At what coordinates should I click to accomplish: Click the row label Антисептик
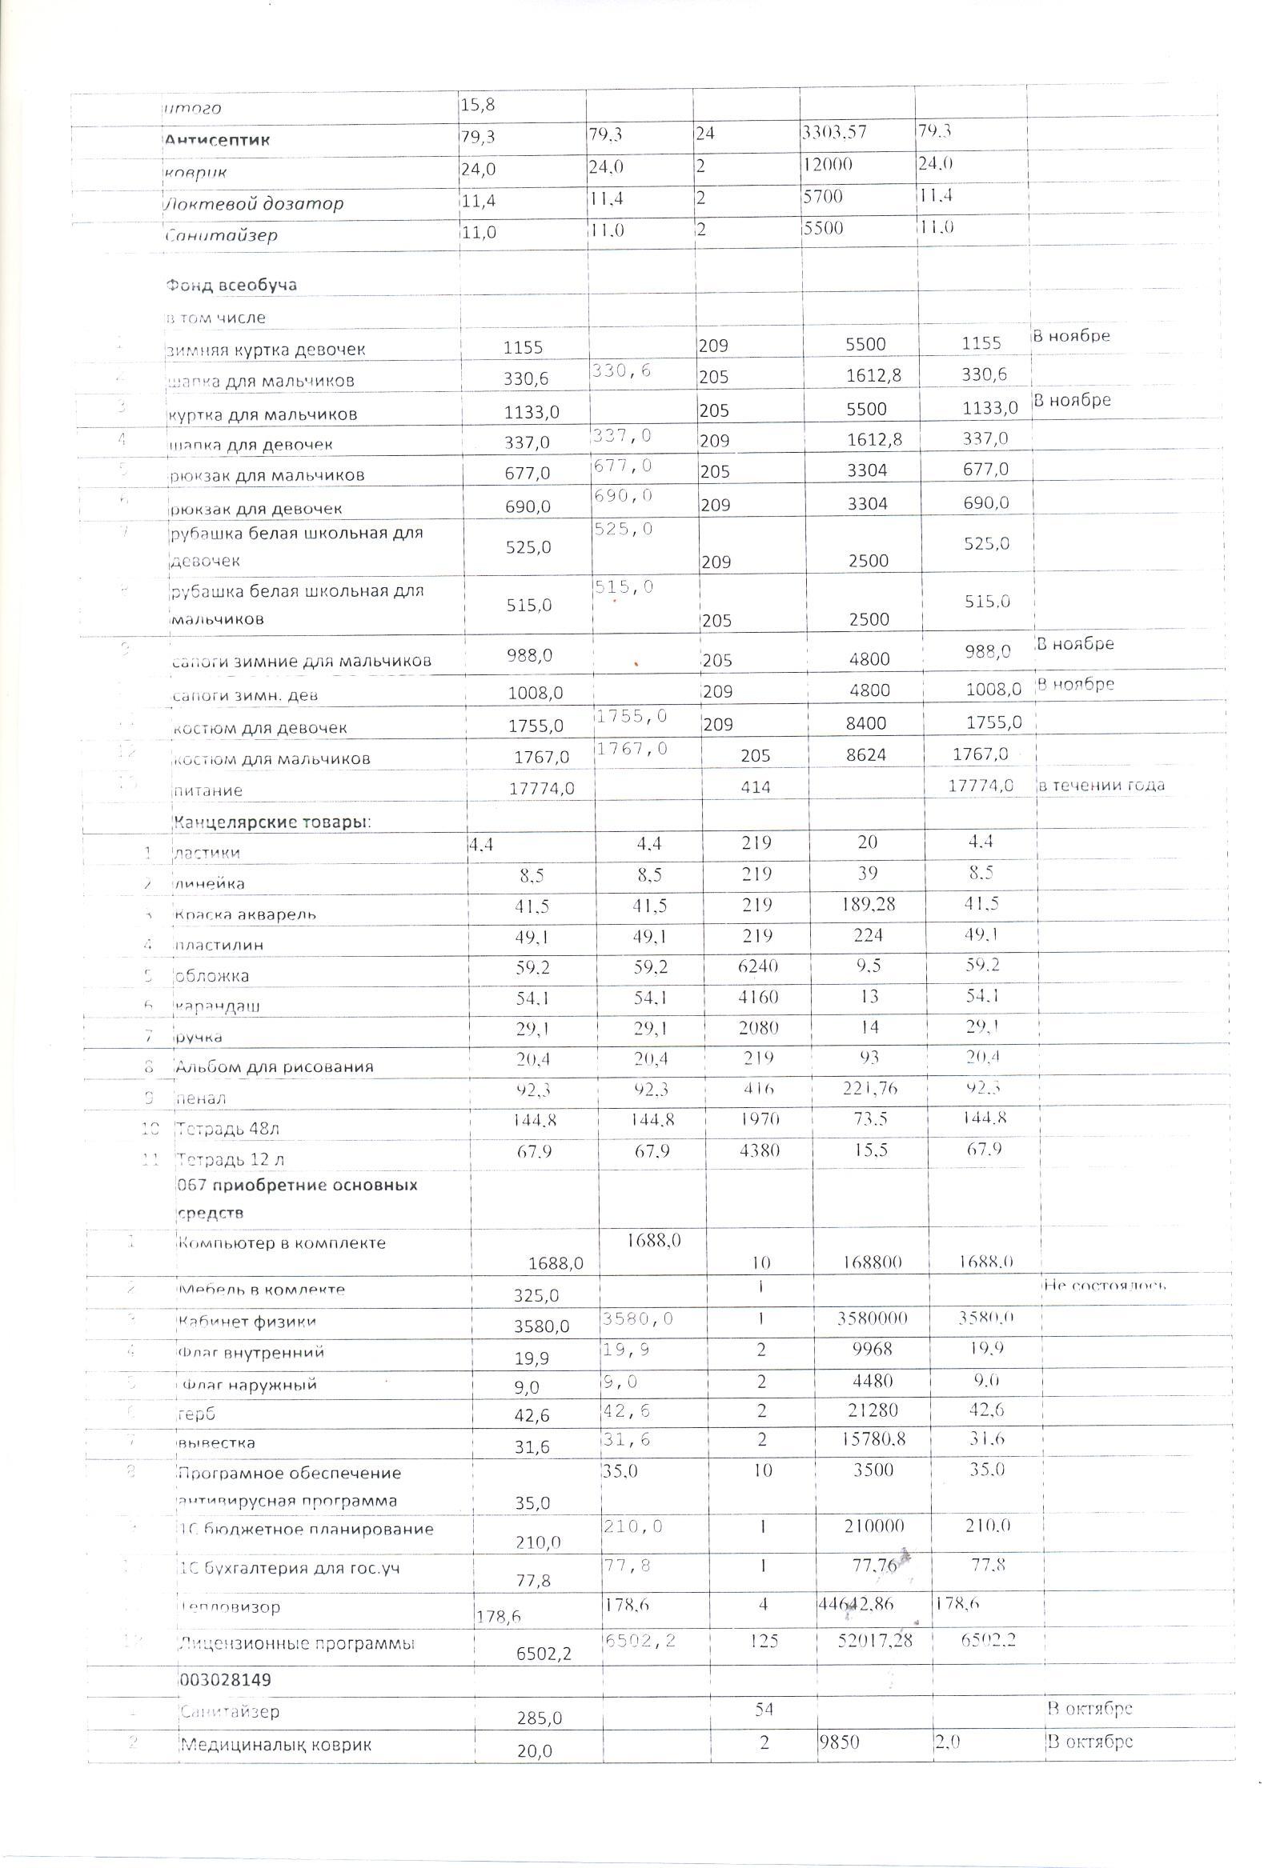click(x=217, y=140)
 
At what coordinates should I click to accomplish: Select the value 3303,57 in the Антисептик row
click(x=834, y=132)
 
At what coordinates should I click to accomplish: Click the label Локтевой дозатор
click(x=254, y=203)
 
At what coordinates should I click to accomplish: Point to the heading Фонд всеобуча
click(x=231, y=285)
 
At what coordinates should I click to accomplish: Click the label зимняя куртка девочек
click(x=266, y=350)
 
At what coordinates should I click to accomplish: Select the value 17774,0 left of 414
click(x=542, y=789)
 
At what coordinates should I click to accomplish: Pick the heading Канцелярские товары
click(x=271, y=822)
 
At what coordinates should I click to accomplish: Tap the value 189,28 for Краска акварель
click(x=868, y=904)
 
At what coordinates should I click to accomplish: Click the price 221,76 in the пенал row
click(x=868, y=1088)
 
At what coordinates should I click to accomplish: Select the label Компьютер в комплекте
click(x=282, y=1242)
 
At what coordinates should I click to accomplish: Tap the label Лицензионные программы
click(x=296, y=1644)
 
